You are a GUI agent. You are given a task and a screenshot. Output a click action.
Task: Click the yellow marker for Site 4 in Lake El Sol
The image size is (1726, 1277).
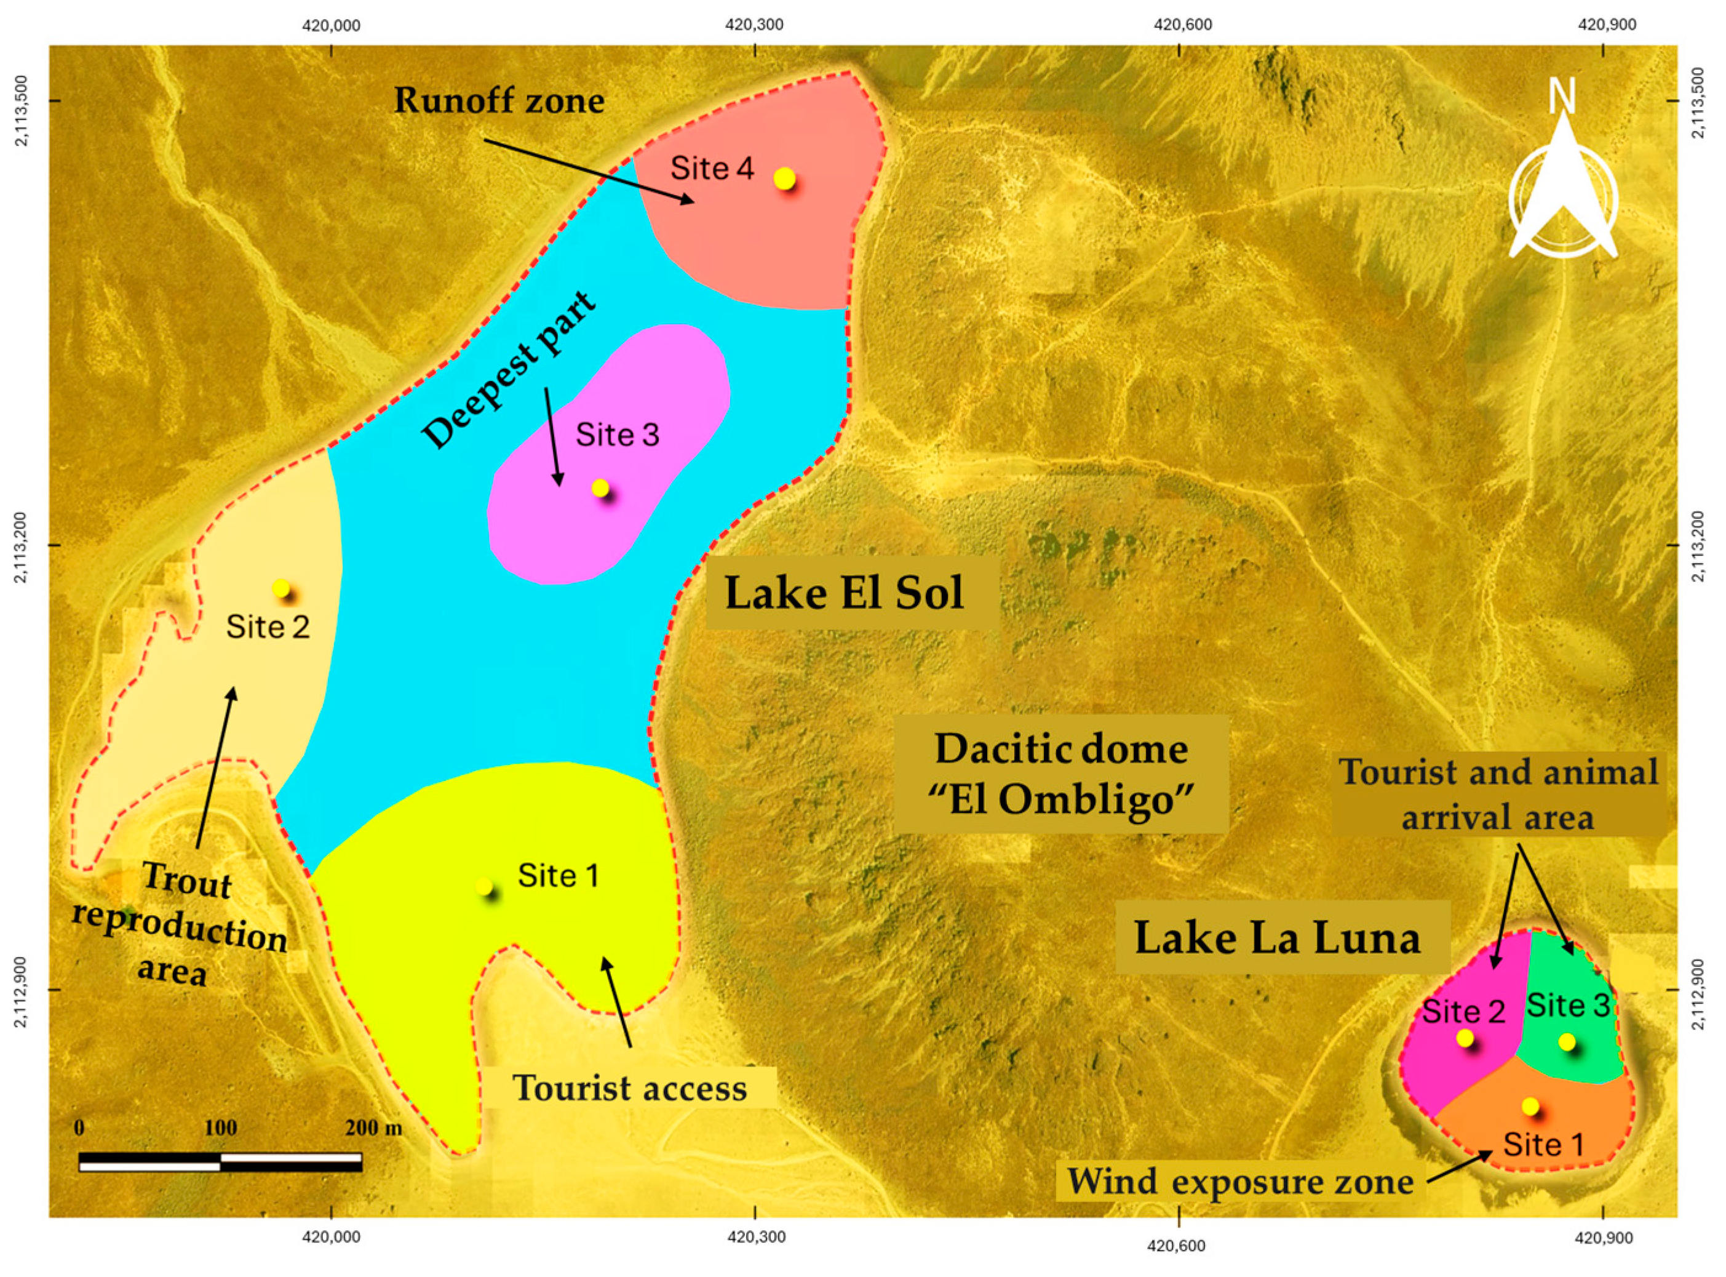tap(784, 178)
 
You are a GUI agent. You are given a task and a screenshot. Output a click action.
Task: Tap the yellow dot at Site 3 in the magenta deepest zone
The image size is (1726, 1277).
tap(600, 488)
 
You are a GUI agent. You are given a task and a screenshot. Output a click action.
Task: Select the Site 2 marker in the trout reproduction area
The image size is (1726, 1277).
tap(280, 588)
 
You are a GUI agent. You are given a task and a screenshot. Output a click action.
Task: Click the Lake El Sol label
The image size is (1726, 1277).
tap(844, 594)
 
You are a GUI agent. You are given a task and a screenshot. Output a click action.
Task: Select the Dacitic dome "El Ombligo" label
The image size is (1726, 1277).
tap(1061, 774)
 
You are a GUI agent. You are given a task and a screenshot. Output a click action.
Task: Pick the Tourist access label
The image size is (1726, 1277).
tap(630, 1089)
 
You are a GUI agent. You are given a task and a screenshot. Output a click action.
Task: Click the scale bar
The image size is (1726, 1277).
tap(220, 1161)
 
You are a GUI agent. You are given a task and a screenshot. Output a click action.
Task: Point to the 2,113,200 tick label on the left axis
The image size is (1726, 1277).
tap(23, 546)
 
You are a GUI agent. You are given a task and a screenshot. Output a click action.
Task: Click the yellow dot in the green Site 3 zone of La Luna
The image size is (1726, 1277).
tap(1566, 1042)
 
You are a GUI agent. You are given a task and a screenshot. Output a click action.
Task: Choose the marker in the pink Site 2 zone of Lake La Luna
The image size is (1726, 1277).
tap(1464, 1038)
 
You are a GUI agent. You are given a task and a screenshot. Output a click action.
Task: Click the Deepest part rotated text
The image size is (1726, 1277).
tap(509, 369)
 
